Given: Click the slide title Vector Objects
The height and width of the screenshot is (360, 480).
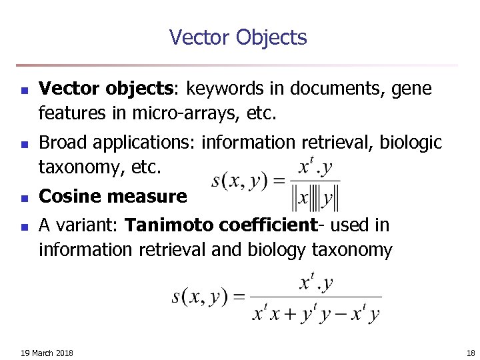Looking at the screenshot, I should click(x=238, y=37).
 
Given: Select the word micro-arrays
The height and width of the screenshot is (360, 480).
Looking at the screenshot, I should click(x=173, y=114).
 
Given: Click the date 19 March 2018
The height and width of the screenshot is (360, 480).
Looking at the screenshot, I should click(x=47, y=352).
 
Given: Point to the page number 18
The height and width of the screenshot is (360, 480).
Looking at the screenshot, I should click(x=471, y=352).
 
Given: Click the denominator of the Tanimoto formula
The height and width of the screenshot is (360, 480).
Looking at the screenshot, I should click(x=316, y=313).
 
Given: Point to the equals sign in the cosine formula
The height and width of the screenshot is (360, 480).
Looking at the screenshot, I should click(x=279, y=180).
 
